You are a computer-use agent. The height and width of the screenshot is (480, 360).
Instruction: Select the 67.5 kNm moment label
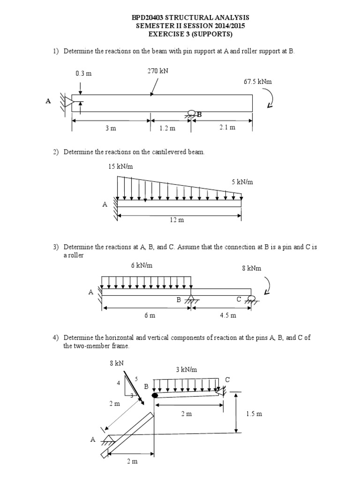(x=257, y=82)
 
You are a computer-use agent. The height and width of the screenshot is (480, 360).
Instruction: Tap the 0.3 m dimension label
(x=83, y=73)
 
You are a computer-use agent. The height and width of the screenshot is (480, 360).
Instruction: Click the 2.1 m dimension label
(x=227, y=127)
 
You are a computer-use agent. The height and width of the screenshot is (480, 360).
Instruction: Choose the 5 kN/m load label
(x=242, y=182)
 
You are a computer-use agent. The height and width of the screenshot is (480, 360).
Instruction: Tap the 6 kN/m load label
(x=142, y=265)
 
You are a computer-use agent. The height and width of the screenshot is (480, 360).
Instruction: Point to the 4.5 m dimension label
(x=228, y=315)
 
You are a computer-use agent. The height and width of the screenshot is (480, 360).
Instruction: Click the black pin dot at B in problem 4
(x=155, y=395)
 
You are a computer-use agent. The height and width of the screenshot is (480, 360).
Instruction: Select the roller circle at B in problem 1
(x=191, y=113)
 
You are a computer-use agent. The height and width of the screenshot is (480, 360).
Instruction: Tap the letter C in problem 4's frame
(x=227, y=379)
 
